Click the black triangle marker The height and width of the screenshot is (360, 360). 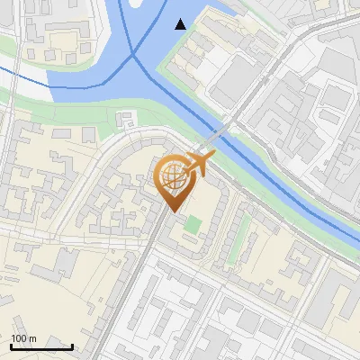(181, 24)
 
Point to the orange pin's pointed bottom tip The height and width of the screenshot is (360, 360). (172, 211)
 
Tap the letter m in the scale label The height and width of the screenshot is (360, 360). (33, 338)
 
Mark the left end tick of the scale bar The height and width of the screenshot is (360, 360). (11, 346)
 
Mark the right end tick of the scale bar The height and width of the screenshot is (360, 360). (72, 346)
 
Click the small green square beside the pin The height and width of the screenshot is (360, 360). (193, 222)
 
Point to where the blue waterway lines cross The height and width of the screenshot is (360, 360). (134, 56)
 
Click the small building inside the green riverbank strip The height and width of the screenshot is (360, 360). (127, 117)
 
